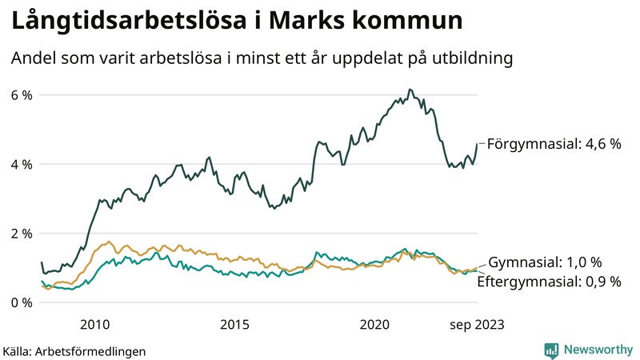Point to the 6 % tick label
pyautogui.click(x=22, y=95)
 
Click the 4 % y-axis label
pyautogui.click(x=22, y=164)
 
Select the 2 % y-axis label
pyautogui.click(x=22, y=234)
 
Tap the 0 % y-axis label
pyautogui.click(x=22, y=302)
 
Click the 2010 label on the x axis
pyautogui.click(x=94, y=324)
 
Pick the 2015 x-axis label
pyautogui.click(x=234, y=324)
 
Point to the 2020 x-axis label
pyautogui.click(x=374, y=324)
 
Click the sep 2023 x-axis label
pyautogui.click(x=477, y=324)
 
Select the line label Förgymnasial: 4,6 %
pyautogui.click(x=554, y=145)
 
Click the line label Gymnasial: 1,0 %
pyautogui.click(x=545, y=262)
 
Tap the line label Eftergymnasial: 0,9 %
pyautogui.click(x=549, y=281)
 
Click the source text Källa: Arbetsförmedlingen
pyautogui.click(x=74, y=350)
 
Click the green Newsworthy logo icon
pyautogui.click(x=551, y=350)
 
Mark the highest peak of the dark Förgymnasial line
pyautogui.click(x=409, y=90)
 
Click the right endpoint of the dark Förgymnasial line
pyautogui.click(x=478, y=144)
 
